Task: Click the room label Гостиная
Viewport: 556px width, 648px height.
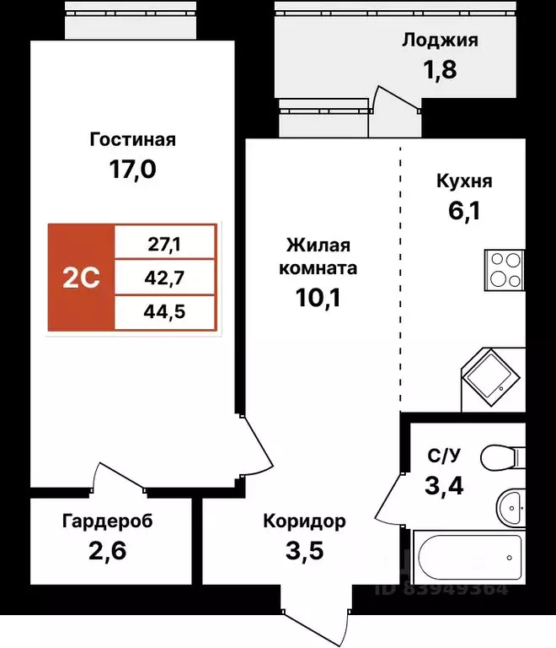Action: pyautogui.click(x=132, y=139)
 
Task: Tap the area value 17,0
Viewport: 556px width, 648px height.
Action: pyautogui.click(x=132, y=170)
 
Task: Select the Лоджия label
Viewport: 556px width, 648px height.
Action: pyautogui.click(x=440, y=40)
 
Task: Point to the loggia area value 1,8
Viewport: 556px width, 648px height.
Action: pyautogui.click(x=439, y=69)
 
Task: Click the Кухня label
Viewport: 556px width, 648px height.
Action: pyautogui.click(x=464, y=181)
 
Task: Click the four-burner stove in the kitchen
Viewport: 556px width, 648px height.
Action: pyautogui.click(x=505, y=270)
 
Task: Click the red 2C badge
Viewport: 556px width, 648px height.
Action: pyautogui.click(x=82, y=278)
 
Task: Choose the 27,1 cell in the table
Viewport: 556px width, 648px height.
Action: pyautogui.click(x=166, y=246)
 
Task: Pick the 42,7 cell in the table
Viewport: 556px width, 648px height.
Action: pyautogui.click(x=166, y=278)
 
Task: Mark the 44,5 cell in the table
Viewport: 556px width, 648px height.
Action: pyautogui.click(x=166, y=312)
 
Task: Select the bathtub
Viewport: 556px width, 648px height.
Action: pyautogui.click(x=468, y=556)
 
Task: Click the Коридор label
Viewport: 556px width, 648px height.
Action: pyautogui.click(x=304, y=521)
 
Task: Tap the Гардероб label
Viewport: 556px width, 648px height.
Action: pyautogui.click(x=107, y=521)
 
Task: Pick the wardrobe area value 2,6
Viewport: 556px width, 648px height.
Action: pyautogui.click(x=107, y=553)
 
